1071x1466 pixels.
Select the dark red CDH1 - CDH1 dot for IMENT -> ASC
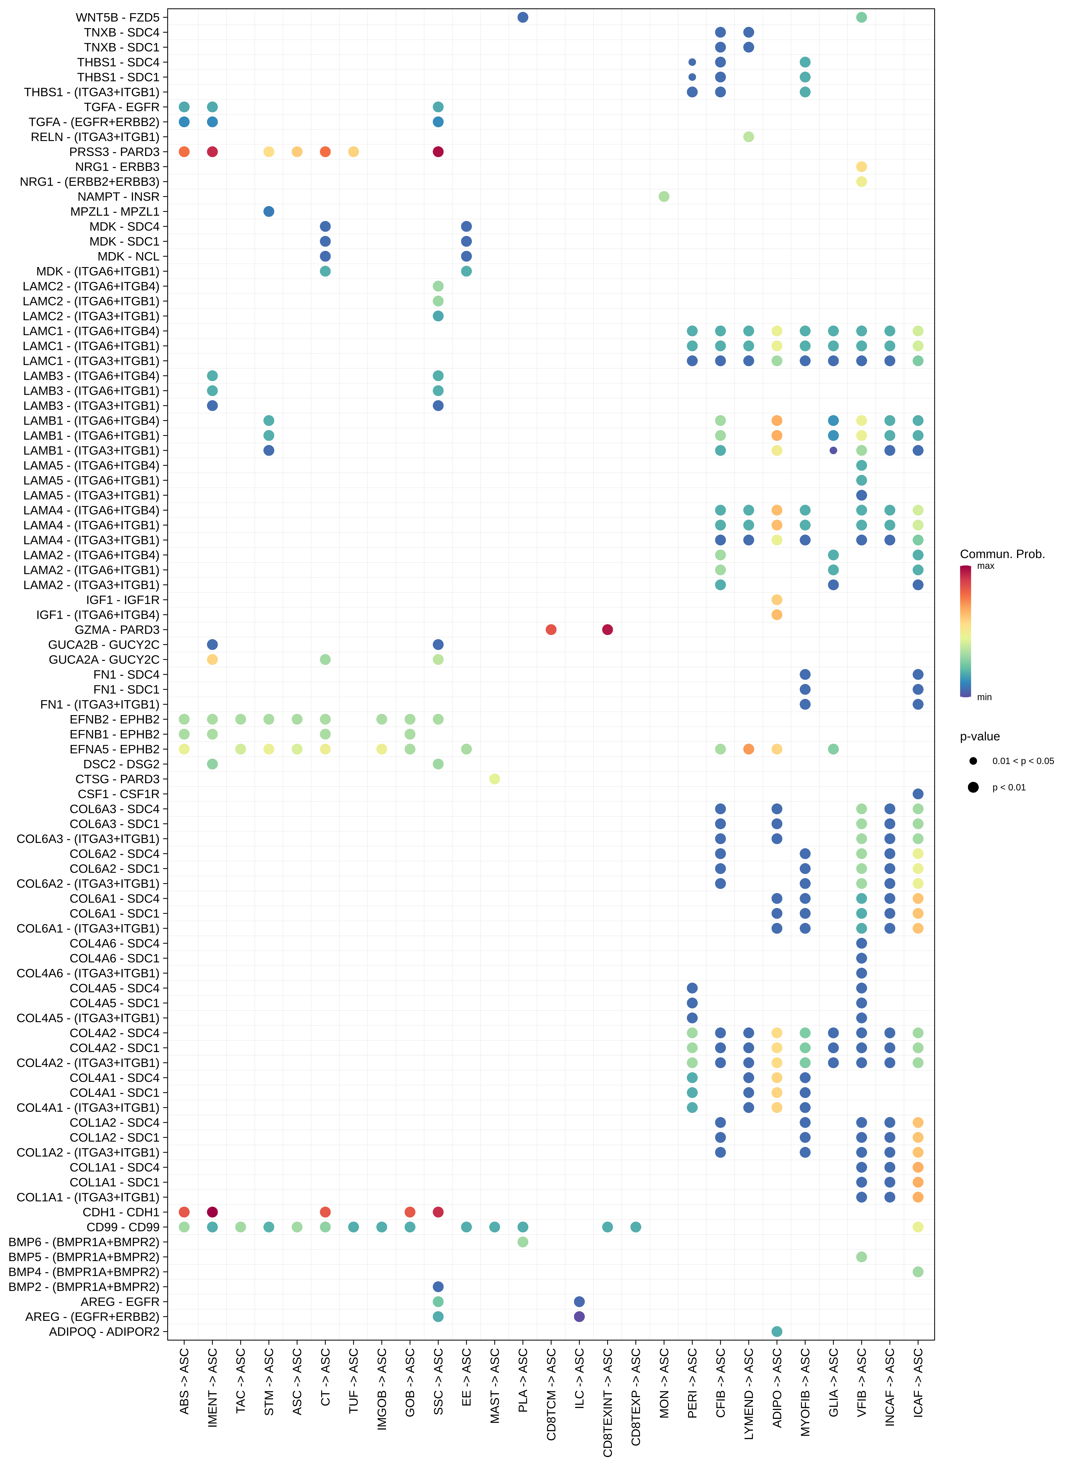pyautogui.click(x=212, y=1212)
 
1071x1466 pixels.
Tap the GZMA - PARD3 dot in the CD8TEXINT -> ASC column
pyautogui.click(x=607, y=629)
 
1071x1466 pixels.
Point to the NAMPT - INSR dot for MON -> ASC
pyautogui.click(x=664, y=196)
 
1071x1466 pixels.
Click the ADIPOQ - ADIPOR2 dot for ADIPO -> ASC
pyautogui.click(x=777, y=1331)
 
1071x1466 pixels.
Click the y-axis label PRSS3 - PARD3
pyautogui.click(x=114, y=152)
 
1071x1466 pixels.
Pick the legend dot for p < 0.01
pyautogui.click(x=973, y=787)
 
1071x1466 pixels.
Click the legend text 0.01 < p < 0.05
pyautogui.click(x=1022, y=761)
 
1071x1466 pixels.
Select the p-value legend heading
pyautogui.click(x=980, y=736)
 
